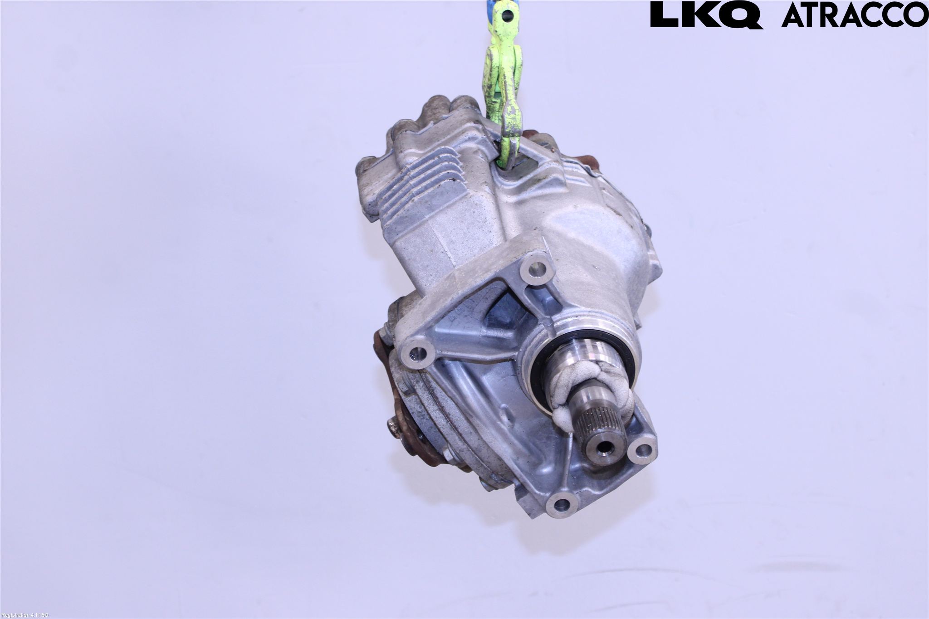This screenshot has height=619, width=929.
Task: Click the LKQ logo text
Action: tap(706, 15)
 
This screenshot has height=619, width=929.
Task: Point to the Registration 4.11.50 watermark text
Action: tap(24, 615)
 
